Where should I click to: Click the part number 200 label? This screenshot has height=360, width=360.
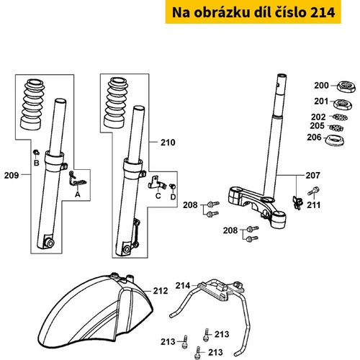321,86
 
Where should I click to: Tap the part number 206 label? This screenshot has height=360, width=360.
314,138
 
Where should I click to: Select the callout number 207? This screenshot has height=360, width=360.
312,176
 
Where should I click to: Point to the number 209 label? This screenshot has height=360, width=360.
12,176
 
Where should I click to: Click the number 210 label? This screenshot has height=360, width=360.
168,143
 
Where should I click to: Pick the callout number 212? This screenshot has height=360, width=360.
161,291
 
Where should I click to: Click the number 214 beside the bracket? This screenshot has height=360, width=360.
183,286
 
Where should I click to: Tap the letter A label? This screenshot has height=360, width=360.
77,194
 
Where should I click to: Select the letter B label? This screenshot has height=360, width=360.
36,163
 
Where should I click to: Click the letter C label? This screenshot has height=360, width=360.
158,196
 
